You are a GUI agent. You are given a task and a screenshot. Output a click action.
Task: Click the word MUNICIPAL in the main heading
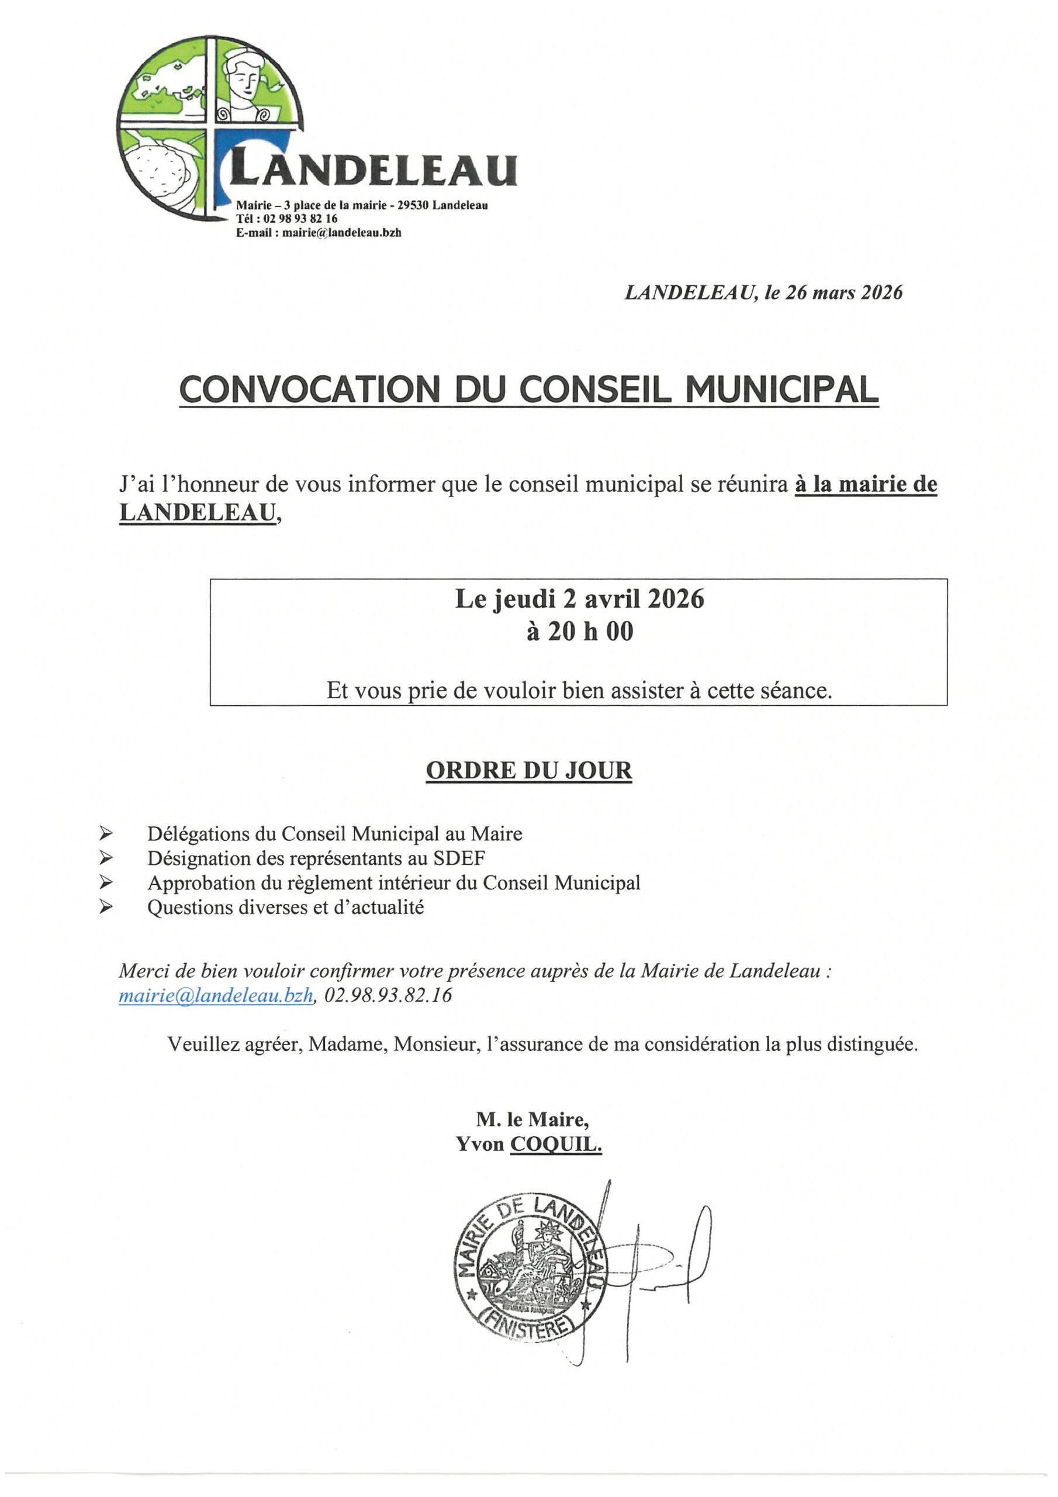coord(782,389)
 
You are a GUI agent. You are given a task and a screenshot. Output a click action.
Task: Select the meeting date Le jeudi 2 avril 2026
coord(579,599)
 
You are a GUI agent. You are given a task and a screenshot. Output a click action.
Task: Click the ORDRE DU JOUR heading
coord(528,770)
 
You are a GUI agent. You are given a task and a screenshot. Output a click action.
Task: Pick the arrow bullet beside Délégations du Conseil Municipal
coord(106,834)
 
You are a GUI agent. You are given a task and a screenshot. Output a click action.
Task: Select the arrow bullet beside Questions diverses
coord(106,907)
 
